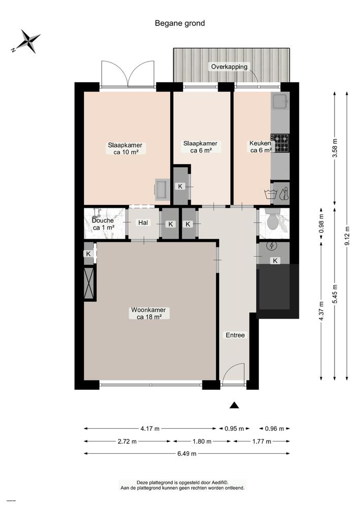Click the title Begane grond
[180, 23]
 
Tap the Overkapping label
[229, 67]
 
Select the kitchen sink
[280, 103]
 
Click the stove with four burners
[280, 143]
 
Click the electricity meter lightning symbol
[272, 246]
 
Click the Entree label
[235, 335]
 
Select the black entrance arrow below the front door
[234, 405]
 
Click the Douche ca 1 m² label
[103, 224]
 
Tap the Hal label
[143, 223]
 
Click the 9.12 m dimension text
[348, 236]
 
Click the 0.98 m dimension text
[321, 224]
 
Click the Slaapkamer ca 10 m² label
[125, 148]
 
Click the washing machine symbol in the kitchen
[269, 194]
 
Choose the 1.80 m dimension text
[202, 441]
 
